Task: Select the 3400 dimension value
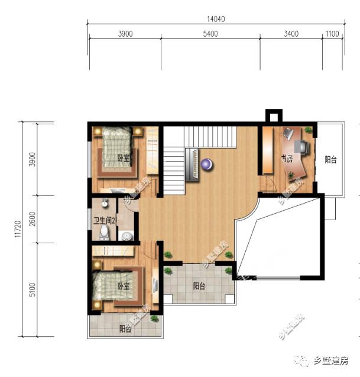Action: [291, 34]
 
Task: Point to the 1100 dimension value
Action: [332, 34]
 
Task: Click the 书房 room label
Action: [287, 159]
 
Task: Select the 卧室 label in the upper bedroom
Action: [123, 158]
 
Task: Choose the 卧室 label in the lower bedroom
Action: [123, 286]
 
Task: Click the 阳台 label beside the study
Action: [332, 159]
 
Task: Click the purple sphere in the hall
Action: [206, 164]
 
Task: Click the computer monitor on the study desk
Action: [301, 145]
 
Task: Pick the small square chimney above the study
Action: [274, 115]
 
